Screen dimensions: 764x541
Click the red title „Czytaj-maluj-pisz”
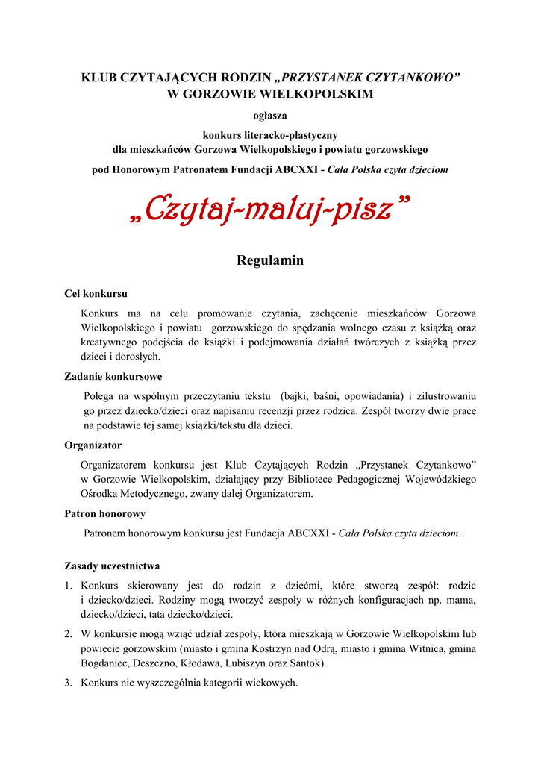[x=270, y=210]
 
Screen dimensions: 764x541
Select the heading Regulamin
[x=270, y=260]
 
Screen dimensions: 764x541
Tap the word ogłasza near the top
[x=270, y=116]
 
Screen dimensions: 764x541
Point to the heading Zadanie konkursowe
[x=113, y=377]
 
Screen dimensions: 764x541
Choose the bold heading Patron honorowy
[x=105, y=514]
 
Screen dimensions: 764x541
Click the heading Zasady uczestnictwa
[x=112, y=566]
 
